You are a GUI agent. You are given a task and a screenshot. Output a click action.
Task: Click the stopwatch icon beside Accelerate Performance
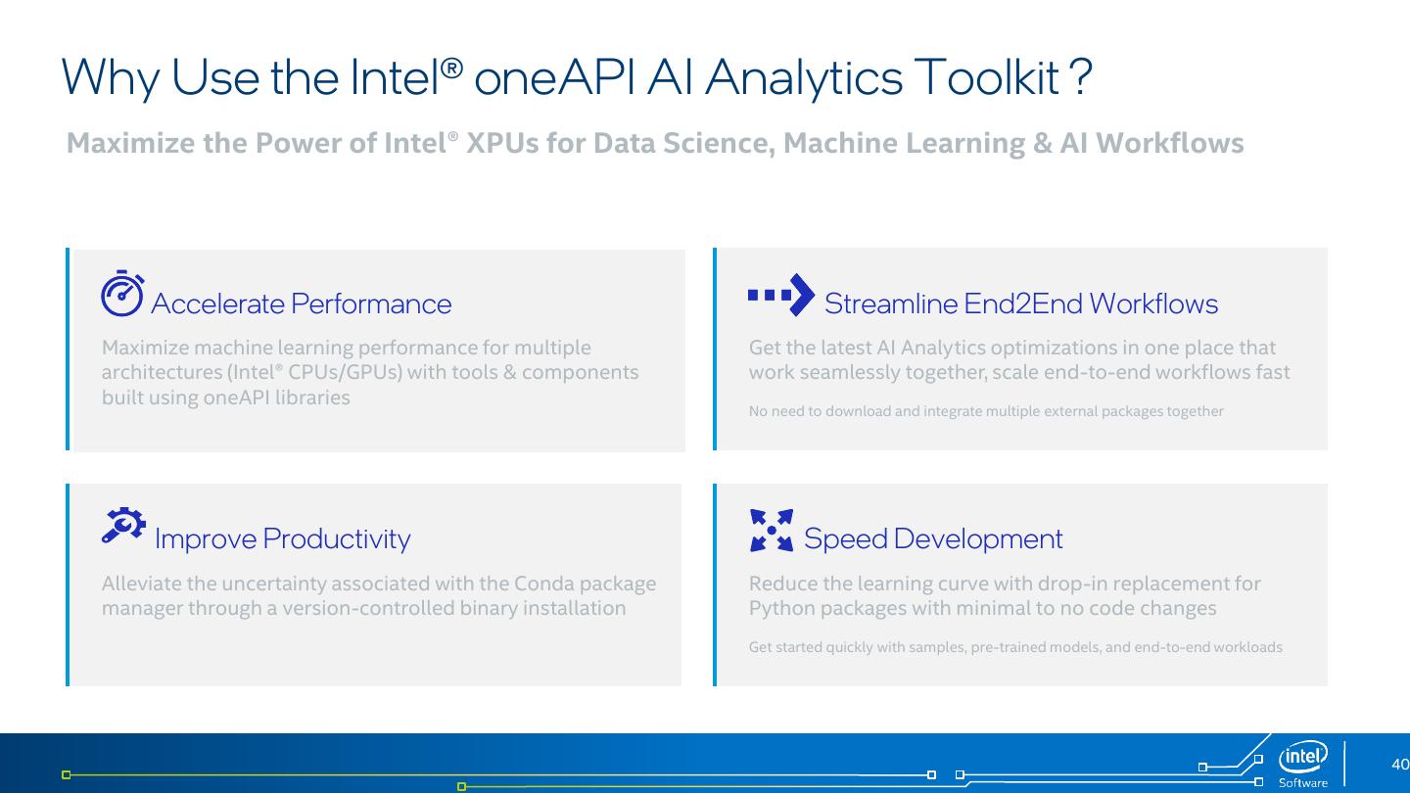[122, 294]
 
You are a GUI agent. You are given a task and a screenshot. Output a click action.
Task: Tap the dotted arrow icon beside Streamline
[780, 295]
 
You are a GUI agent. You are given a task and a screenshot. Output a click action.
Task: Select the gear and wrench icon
[123, 525]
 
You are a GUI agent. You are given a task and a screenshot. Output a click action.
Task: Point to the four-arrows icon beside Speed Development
[772, 530]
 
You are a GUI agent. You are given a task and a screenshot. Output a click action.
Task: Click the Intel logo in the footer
[1302, 756]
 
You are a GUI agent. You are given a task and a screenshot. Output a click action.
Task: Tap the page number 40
[1399, 764]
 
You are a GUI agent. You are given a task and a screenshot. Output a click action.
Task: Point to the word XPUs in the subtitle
[502, 143]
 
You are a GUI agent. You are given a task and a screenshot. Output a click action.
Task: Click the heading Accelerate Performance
[301, 303]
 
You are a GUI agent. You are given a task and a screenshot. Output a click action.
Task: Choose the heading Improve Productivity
[283, 539]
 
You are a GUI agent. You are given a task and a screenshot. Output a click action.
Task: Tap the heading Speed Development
[933, 539]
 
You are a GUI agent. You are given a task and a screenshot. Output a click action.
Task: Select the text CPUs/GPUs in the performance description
[345, 373]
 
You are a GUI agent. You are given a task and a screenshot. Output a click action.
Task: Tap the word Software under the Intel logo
[1303, 783]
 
